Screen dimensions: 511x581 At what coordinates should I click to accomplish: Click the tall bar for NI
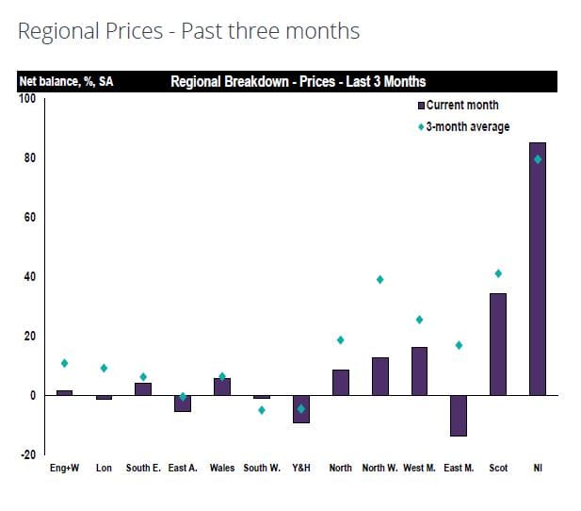click(538, 269)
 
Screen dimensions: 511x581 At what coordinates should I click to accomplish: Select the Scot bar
click(498, 344)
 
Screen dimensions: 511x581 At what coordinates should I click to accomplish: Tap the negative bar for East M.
click(459, 415)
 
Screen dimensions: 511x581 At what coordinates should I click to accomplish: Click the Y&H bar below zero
click(301, 409)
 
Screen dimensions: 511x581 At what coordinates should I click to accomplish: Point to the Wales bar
click(222, 387)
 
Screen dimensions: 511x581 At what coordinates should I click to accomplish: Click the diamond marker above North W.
click(380, 279)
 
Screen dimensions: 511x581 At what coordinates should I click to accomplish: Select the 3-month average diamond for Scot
click(498, 273)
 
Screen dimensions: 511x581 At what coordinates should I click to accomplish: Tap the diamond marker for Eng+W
click(64, 363)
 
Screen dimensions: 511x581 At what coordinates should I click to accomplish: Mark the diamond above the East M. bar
click(459, 345)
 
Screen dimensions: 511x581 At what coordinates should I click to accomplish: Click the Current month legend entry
click(462, 105)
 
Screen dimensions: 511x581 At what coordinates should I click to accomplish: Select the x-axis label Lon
click(104, 469)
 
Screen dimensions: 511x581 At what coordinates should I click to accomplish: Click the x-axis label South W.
click(262, 469)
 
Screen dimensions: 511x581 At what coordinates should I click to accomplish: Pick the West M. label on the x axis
click(419, 469)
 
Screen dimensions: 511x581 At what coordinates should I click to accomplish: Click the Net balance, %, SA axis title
click(66, 82)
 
